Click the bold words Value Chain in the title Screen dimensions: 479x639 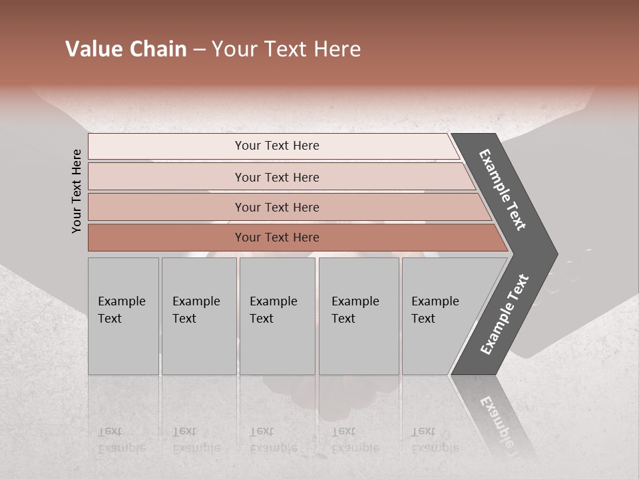click(x=126, y=49)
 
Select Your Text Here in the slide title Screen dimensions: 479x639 click(x=286, y=49)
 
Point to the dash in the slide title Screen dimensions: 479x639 click(x=199, y=50)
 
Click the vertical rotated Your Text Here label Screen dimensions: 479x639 click(x=77, y=191)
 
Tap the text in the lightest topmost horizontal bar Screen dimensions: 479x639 click(x=277, y=146)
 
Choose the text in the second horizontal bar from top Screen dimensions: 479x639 click(x=277, y=178)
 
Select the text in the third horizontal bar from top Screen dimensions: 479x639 click(x=277, y=208)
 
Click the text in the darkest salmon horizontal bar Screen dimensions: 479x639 click(x=277, y=238)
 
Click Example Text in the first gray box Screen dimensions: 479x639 click(x=121, y=310)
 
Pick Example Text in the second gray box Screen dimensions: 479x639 click(x=196, y=310)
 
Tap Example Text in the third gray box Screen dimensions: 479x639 click(x=273, y=310)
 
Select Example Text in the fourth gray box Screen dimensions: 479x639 click(x=355, y=310)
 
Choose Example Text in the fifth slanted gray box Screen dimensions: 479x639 click(x=435, y=310)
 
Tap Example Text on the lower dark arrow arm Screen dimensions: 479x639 click(x=505, y=314)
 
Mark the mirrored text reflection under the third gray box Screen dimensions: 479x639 click(x=273, y=440)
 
